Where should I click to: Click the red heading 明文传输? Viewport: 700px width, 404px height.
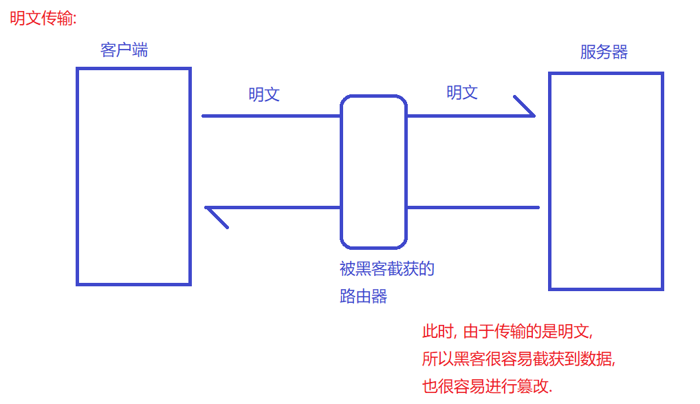(43, 19)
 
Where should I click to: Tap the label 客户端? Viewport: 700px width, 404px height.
(124, 50)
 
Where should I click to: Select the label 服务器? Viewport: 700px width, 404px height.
(604, 52)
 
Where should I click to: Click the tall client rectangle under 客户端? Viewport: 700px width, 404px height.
(133, 176)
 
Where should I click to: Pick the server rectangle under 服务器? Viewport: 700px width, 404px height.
(606, 181)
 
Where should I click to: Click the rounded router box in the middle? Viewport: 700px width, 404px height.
(374, 172)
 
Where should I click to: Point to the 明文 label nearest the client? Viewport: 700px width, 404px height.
(264, 95)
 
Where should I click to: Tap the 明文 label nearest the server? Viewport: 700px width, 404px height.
(462, 93)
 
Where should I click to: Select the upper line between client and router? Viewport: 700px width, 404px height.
(271, 116)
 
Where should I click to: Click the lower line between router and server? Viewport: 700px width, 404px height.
(473, 207)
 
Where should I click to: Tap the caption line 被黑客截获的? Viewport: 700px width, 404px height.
(387, 268)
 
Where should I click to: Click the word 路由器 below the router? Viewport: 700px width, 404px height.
(363, 297)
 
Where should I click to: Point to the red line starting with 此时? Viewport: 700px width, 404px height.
(507, 332)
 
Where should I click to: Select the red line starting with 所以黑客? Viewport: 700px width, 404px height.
(518, 359)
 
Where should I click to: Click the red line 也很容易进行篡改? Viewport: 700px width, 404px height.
(488, 387)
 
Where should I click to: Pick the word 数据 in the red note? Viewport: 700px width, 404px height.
(596, 359)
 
